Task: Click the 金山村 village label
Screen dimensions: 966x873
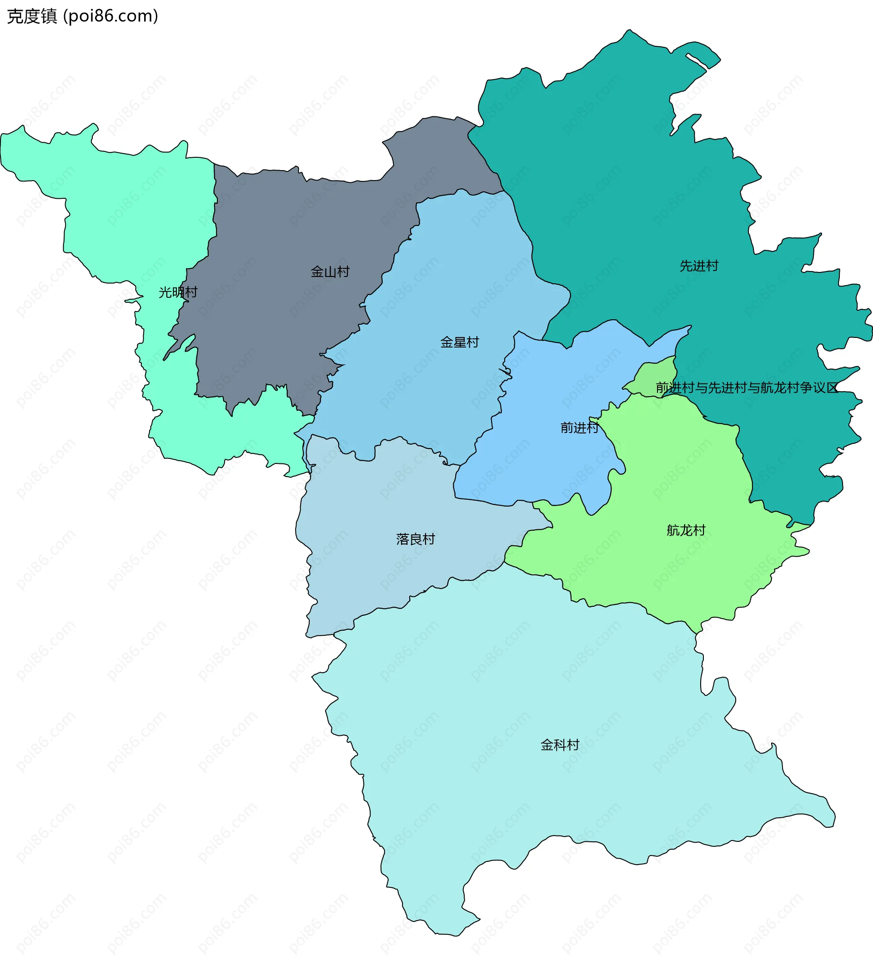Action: pos(330,272)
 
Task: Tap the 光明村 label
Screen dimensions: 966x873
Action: pos(178,292)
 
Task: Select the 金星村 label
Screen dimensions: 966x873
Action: pos(460,342)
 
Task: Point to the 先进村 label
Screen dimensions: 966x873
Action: pos(699,266)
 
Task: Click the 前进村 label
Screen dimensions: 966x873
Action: pos(580,428)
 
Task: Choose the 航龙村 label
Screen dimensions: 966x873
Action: pos(686,530)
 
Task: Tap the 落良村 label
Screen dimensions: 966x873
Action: pos(416,539)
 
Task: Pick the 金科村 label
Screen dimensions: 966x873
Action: pos(560,744)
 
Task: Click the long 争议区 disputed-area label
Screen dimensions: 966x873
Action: pos(747,387)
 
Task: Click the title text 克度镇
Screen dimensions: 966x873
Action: pos(32,16)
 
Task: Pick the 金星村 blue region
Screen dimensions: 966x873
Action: pos(455,287)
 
